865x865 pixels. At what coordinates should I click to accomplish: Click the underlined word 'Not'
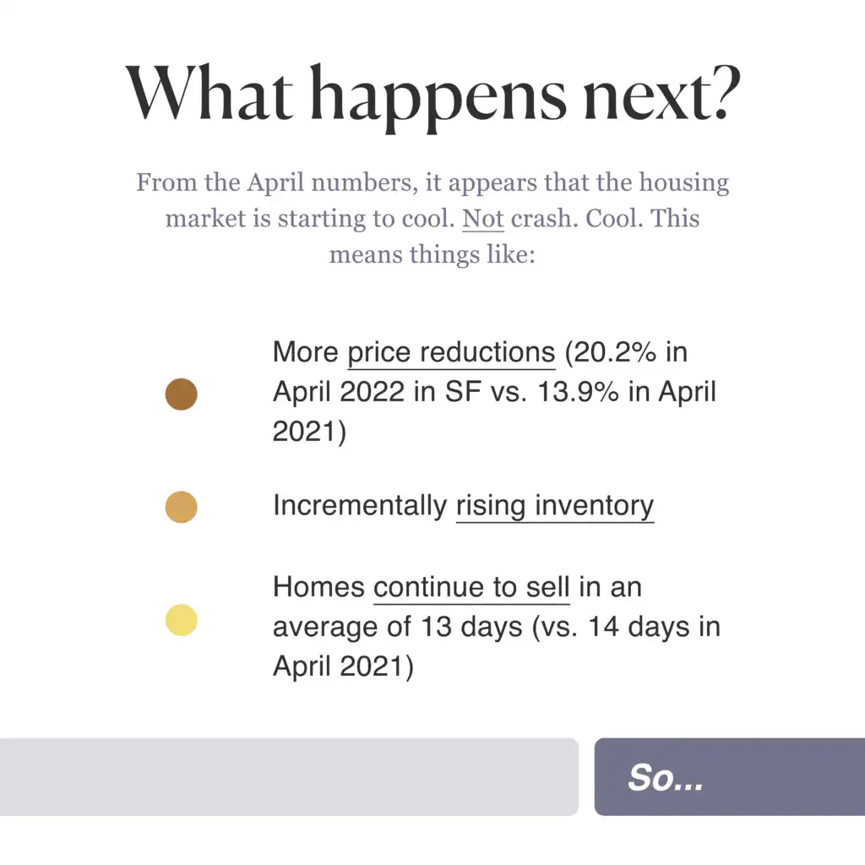click(x=483, y=219)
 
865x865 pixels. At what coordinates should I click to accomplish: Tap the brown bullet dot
click(x=181, y=394)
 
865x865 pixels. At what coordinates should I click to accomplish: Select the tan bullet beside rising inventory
click(x=181, y=507)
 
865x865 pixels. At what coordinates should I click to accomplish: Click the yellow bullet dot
click(x=181, y=621)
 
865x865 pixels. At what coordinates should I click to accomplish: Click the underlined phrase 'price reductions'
click(x=451, y=353)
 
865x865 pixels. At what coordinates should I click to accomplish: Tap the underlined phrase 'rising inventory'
click(x=554, y=506)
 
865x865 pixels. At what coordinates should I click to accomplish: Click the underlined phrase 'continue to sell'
click(x=471, y=587)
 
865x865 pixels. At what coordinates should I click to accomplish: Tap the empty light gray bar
click(x=287, y=777)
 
